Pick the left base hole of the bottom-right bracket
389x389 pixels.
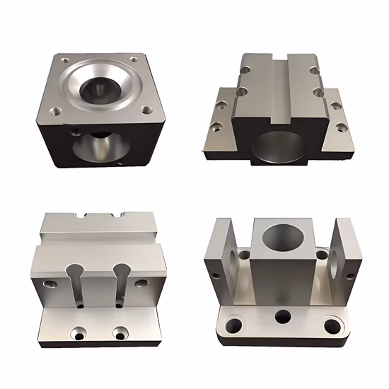[x=234, y=326]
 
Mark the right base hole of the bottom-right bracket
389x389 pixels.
[x=331, y=325]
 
